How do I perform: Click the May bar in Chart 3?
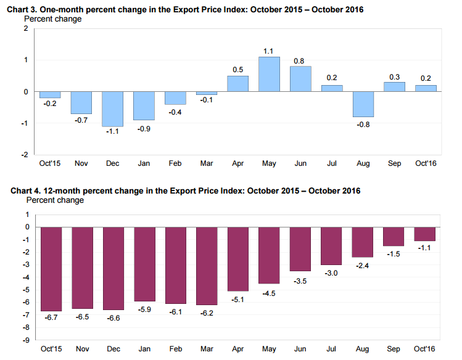tap(269, 74)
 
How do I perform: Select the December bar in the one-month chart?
tap(112, 109)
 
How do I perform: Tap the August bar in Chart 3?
tap(363, 104)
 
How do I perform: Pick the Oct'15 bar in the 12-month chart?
tap(51, 269)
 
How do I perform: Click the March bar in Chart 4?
tap(207, 266)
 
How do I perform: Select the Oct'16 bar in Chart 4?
tap(424, 234)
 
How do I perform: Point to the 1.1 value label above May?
tap(268, 51)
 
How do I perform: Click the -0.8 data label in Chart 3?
tap(363, 125)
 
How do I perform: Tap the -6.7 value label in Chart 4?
tap(51, 317)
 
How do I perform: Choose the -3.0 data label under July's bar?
tap(331, 273)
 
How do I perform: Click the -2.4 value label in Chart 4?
tap(362, 266)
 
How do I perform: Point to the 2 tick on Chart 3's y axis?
tap(27, 28)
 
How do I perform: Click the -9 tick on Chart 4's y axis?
tap(26, 340)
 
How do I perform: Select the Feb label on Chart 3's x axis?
tap(175, 163)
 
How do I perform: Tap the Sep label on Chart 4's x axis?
tap(394, 349)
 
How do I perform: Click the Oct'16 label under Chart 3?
tap(426, 163)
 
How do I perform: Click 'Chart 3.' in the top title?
tap(22, 10)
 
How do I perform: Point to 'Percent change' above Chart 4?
tap(55, 200)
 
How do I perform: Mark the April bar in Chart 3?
tap(237, 84)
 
